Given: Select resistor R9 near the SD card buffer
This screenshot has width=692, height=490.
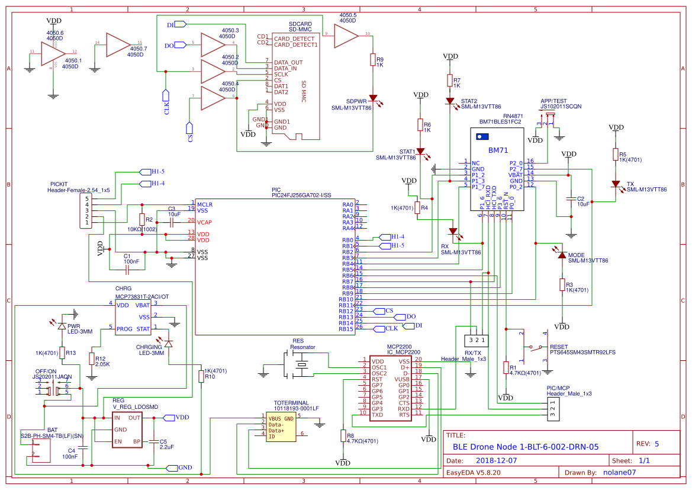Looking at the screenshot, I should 373,60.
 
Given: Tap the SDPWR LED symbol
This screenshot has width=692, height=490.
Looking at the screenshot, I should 373,98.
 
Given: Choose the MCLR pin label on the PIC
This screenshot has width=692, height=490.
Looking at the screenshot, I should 205,204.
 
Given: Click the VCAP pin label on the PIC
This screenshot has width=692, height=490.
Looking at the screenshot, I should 204,222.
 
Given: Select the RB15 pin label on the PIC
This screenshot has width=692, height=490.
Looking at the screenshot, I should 346,329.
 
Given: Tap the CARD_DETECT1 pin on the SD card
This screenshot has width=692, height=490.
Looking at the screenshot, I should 295,44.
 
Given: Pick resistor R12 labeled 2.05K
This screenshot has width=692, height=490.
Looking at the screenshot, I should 92,358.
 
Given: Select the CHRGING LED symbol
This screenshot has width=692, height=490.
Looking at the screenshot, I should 169,344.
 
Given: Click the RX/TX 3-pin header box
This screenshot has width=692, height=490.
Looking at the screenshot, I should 476,341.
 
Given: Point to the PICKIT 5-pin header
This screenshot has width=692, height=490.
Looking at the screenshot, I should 86,210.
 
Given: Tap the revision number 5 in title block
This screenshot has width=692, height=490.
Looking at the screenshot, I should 656,443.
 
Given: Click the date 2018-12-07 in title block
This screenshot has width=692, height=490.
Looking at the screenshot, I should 496,460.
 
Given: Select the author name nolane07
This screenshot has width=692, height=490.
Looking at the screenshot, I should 619,472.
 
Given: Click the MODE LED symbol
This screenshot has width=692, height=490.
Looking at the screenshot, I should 562,255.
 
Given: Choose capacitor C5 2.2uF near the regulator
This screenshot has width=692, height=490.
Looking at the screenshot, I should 155,441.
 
